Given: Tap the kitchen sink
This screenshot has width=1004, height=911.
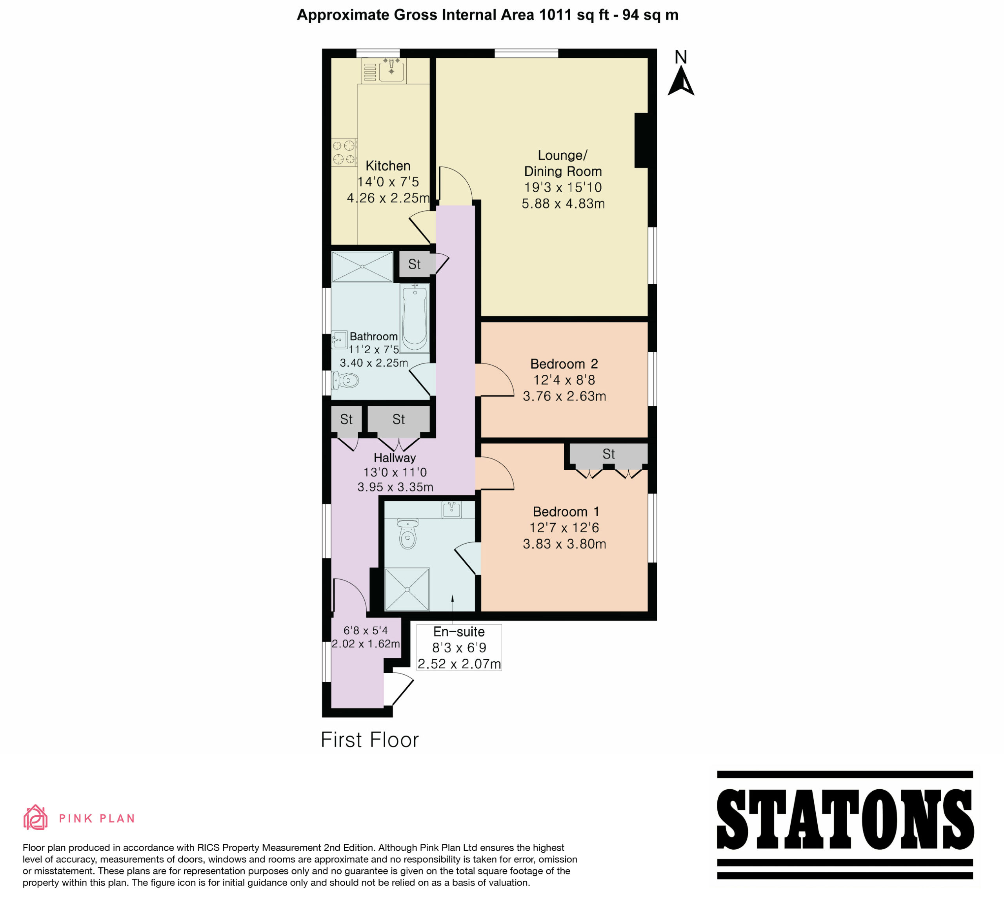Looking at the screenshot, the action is pos(392,71).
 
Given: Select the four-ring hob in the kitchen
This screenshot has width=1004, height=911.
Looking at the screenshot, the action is pos(344,152).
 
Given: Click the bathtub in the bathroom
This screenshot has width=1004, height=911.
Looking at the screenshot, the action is pos(415,318).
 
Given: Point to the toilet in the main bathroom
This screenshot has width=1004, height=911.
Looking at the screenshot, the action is pos(345,381).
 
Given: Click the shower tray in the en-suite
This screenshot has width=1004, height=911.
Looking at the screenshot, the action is pos(407,589).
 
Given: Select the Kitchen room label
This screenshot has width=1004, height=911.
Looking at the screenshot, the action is pos(388,166).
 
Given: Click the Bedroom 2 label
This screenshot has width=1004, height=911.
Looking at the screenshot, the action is pos(564,364).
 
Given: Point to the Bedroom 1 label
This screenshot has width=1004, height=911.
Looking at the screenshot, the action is pos(566,512).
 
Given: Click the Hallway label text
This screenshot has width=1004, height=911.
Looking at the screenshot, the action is pos(395,458).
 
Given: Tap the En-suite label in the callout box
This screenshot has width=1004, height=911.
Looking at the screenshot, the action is pos(459,632).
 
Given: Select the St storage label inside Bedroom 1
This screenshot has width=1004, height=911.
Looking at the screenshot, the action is pos(609,454).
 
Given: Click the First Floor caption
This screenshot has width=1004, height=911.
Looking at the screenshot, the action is pos(369,740).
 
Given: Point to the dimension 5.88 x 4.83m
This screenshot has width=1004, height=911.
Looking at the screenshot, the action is pos(563,203).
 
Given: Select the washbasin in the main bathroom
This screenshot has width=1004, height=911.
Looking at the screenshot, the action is pos(340,340).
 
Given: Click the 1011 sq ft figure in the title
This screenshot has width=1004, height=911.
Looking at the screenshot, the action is pos(574,15).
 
